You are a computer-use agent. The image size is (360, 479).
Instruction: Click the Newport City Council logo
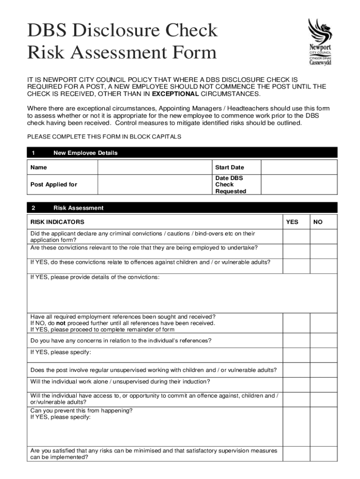320,42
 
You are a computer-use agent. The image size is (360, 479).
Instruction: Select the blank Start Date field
299,167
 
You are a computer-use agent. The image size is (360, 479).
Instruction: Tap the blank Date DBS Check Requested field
299,184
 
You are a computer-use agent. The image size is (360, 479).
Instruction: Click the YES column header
292,222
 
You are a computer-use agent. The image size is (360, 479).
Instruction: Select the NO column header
318,222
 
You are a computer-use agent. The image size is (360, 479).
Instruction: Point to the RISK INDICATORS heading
58,222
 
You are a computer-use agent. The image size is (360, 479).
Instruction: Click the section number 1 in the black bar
33,153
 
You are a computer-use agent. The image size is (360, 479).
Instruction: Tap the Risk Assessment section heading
79,208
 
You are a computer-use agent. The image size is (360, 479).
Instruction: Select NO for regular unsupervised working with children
324,370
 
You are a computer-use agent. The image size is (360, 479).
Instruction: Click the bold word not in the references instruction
60,323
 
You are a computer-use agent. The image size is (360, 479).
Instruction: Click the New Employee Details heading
86,153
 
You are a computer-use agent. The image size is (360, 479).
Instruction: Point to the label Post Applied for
54,184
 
